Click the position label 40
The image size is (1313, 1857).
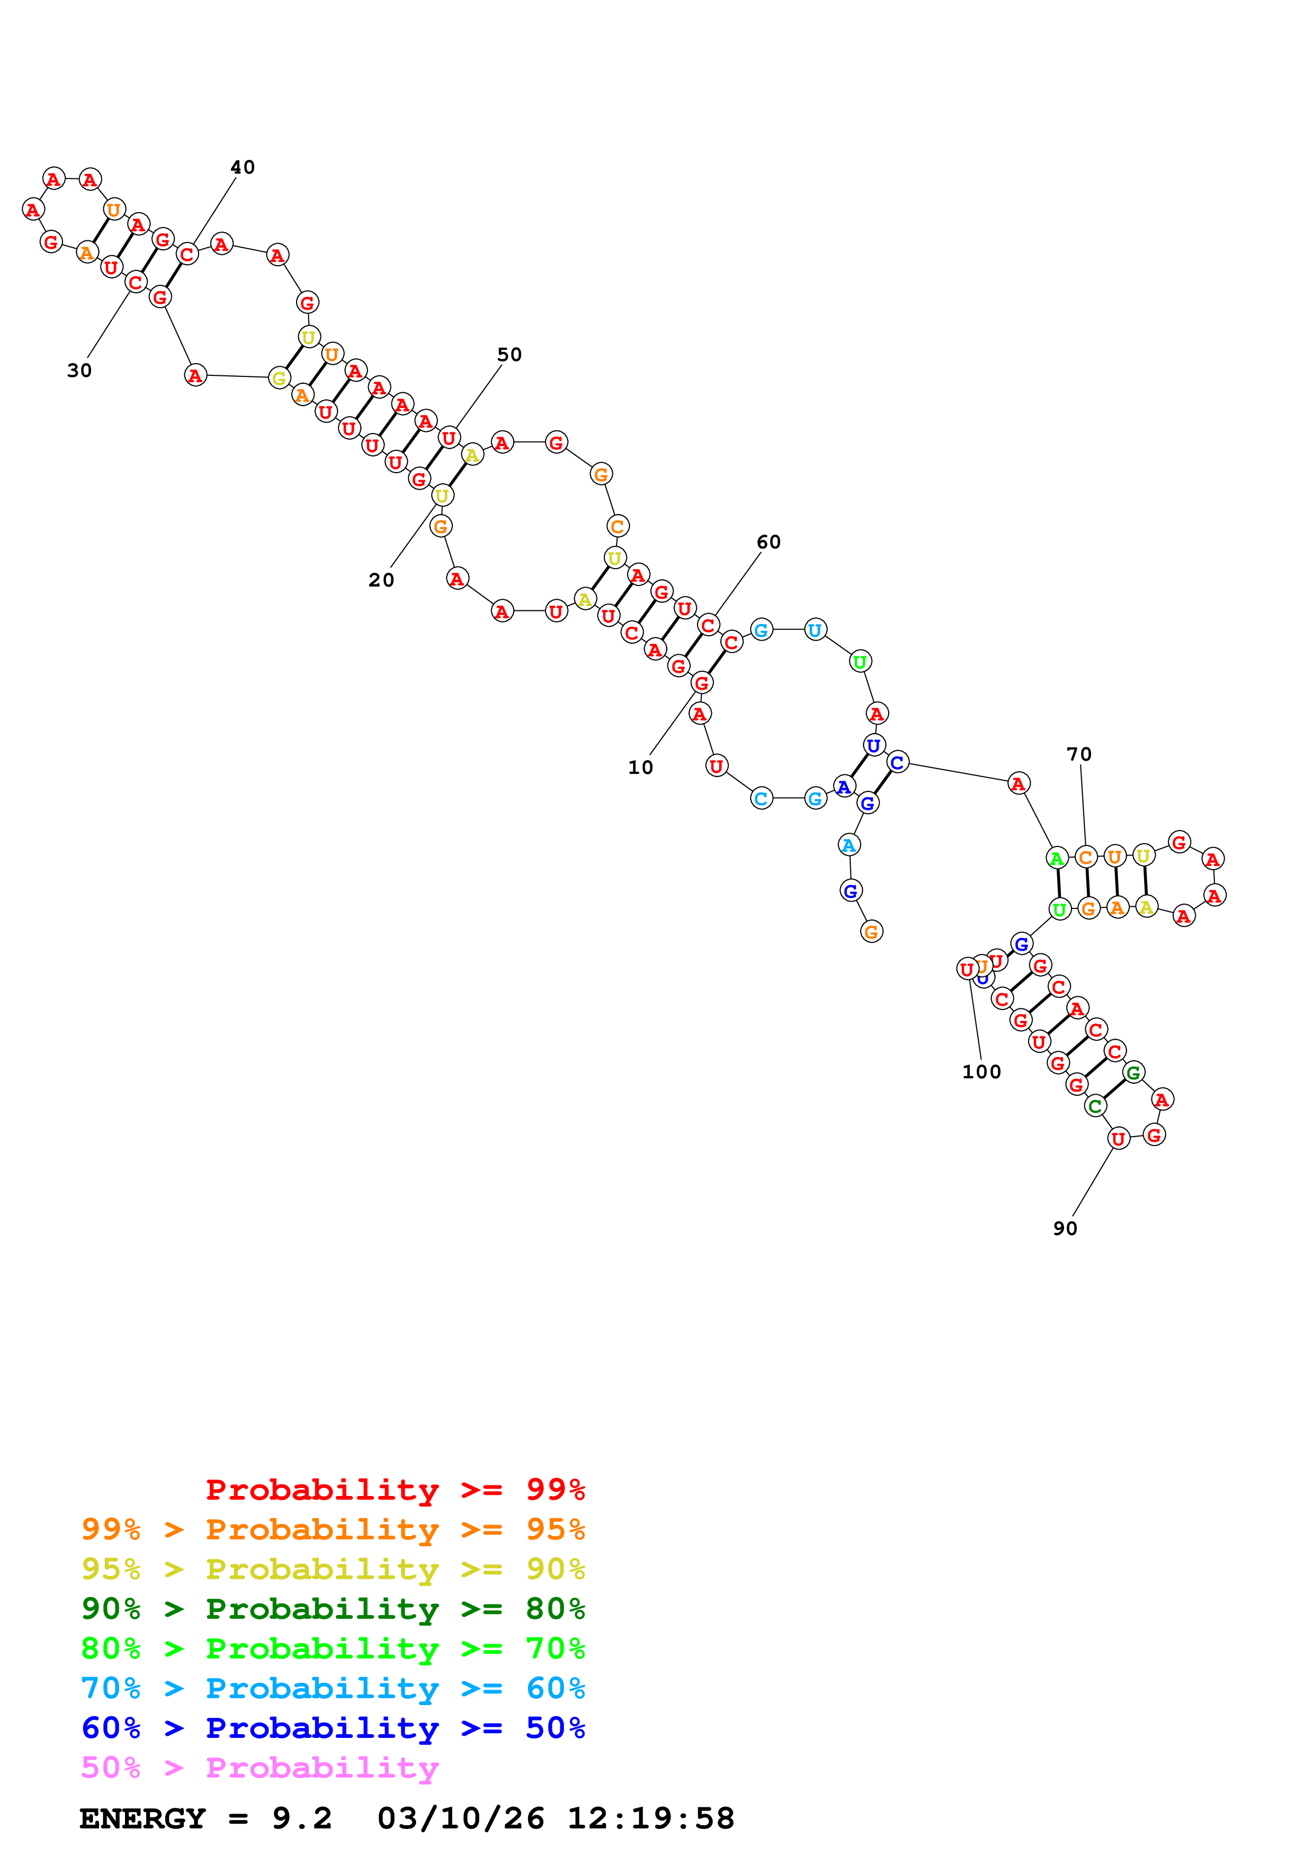pyautogui.click(x=243, y=167)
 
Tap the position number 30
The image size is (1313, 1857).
pyautogui.click(x=79, y=371)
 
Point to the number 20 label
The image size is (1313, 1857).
pyautogui.click(x=381, y=580)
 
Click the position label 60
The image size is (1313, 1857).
pyautogui.click(x=769, y=542)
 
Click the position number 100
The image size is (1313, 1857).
pyautogui.click(x=981, y=1071)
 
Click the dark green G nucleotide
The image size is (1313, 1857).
pyautogui.click(x=1133, y=1072)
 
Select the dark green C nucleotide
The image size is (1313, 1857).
pyautogui.click(x=1095, y=1106)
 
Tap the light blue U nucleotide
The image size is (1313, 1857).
pyautogui.click(x=815, y=629)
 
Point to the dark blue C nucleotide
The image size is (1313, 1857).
pyautogui.click(x=896, y=762)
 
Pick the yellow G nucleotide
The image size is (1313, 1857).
pyautogui.click(x=279, y=378)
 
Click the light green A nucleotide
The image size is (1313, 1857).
pyautogui.click(x=1056, y=858)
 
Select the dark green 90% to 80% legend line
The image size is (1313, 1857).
pyautogui.click(x=333, y=1609)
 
